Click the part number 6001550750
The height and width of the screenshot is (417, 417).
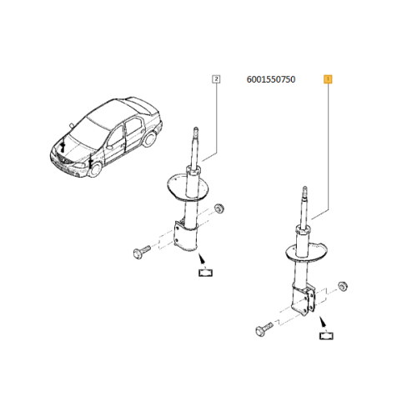271,79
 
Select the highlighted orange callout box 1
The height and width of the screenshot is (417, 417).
328,79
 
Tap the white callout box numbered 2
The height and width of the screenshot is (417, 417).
216,79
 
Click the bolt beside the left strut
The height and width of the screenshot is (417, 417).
142,251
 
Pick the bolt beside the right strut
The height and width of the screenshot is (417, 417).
264,329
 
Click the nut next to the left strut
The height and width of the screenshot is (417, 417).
219,208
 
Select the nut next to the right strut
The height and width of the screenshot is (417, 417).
343,286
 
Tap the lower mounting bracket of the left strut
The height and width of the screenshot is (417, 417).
185,236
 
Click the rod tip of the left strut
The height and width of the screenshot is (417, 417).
196,129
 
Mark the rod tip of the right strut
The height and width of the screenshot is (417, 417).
304,188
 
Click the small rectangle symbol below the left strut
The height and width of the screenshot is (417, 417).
205,273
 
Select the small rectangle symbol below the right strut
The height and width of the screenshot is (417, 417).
326,336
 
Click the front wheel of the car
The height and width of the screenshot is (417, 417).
95,168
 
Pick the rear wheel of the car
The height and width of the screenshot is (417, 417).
149,139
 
